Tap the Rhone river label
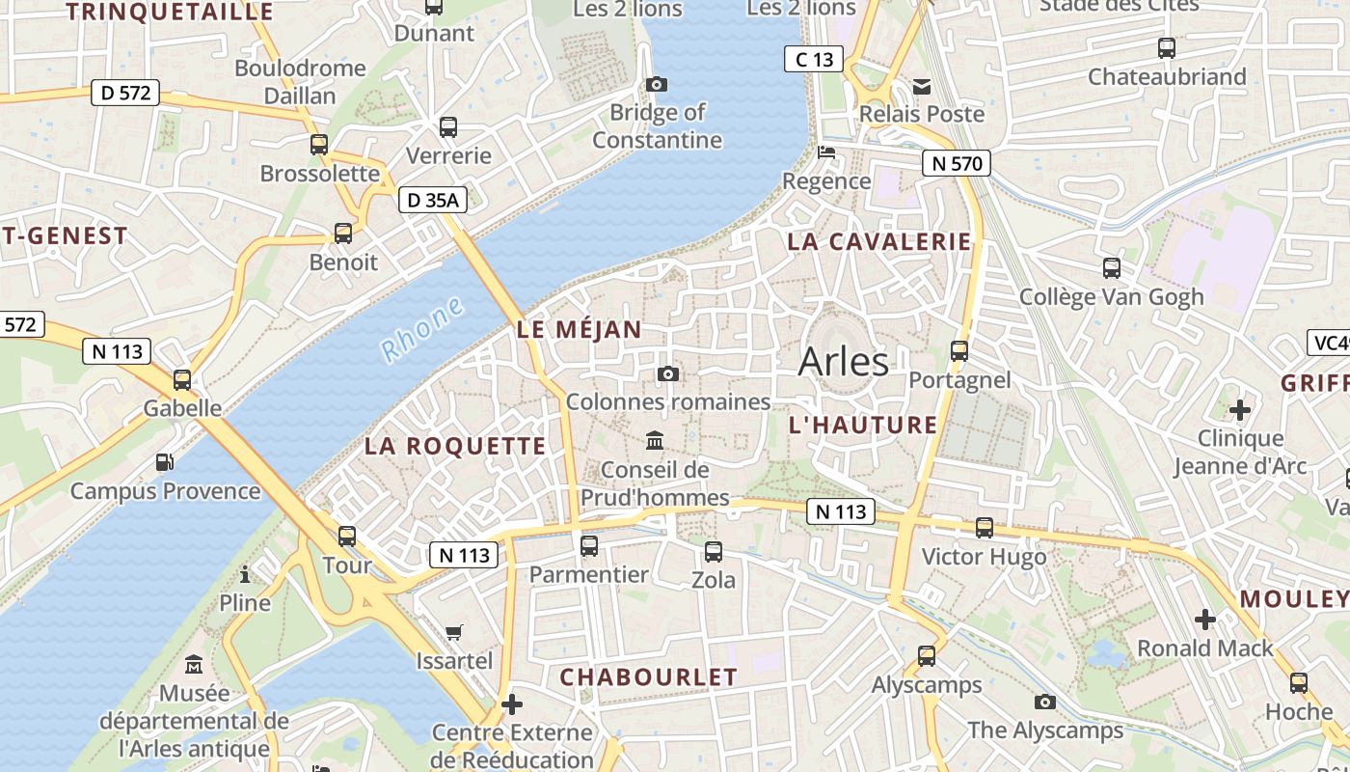[x=421, y=330]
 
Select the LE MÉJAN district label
[x=579, y=329]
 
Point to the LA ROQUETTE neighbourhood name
[x=455, y=446]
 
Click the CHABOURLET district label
[x=648, y=677]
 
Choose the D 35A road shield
[x=432, y=200]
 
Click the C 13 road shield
[x=813, y=59]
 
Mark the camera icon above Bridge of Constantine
[x=657, y=85]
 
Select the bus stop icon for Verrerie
[x=448, y=126]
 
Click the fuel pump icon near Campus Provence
[x=165, y=462]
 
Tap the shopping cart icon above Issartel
[x=454, y=633]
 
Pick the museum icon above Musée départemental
[x=194, y=665]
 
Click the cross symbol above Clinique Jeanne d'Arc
[x=1240, y=410]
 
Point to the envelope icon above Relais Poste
[x=923, y=87]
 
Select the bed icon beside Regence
[x=826, y=152]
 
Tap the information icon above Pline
[x=245, y=575]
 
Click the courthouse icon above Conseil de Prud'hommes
[x=655, y=441]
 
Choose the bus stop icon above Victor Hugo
[x=984, y=528]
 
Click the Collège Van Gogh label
[x=1111, y=297]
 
